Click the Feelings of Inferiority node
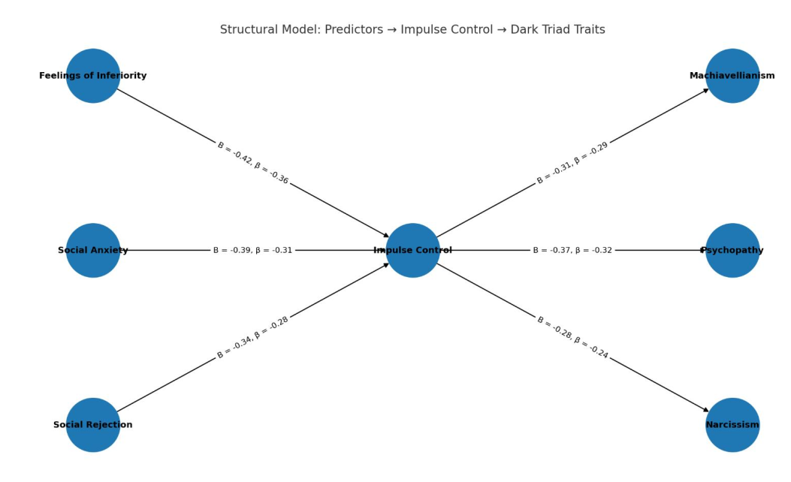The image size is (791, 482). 93,76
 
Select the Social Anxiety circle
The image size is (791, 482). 93,250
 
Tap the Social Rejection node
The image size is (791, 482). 93,425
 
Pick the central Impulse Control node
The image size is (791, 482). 412,250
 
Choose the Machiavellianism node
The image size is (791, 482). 732,76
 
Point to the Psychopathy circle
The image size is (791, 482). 732,250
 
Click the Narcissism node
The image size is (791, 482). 732,425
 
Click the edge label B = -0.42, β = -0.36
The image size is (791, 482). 252,163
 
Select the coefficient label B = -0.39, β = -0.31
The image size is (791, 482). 252,250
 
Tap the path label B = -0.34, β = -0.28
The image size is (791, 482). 252,337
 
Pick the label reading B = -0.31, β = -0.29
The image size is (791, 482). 572,163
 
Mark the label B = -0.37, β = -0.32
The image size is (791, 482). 572,250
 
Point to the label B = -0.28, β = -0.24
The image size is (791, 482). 572,337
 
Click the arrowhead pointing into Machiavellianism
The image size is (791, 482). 706,90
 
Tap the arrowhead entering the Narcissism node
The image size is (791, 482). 706,411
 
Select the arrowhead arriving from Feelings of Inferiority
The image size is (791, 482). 386,236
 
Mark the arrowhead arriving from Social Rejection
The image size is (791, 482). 386,264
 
